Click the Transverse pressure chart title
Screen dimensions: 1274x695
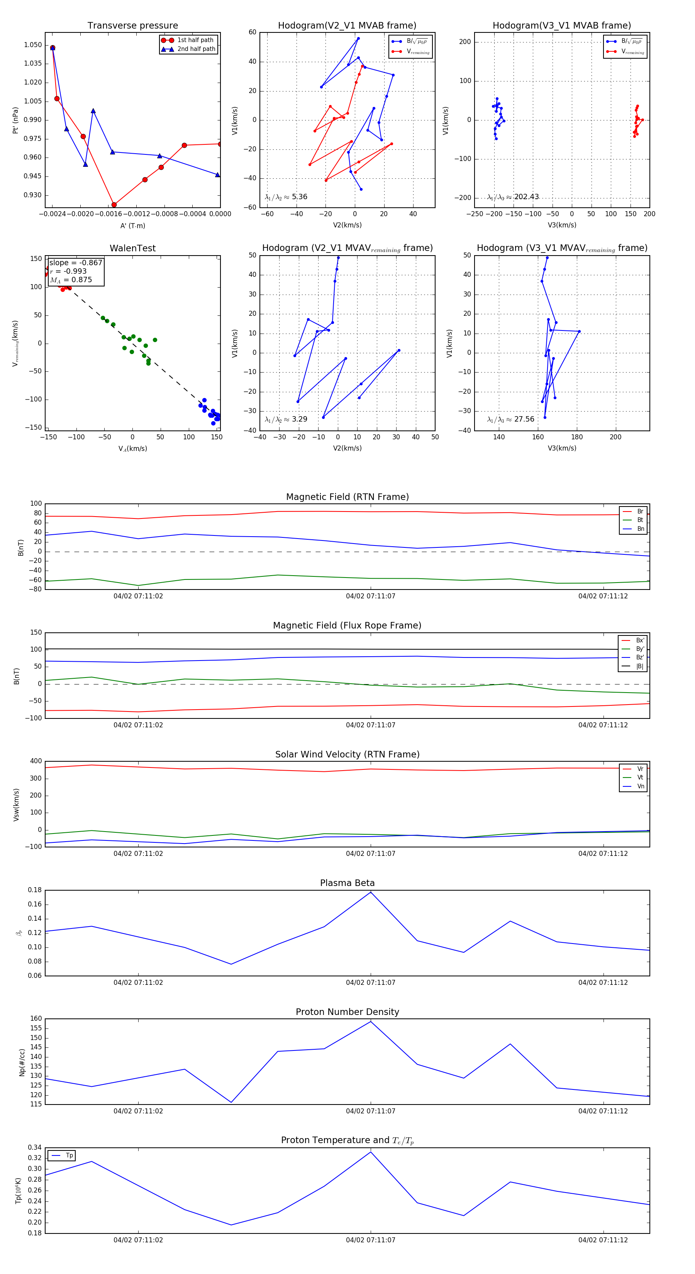tap(132, 26)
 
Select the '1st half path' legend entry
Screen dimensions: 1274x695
tap(195, 40)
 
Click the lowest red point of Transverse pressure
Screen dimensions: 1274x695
tap(114, 205)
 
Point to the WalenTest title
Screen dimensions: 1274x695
tap(132, 248)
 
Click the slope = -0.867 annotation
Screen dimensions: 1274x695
tap(76, 263)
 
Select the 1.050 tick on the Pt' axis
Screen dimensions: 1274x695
tap(33, 45)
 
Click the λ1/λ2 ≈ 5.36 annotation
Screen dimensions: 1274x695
tap(286, 197)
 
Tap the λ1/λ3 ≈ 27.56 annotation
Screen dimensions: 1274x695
tap(510, 419)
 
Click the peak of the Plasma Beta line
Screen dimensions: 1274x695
tap(371, 892)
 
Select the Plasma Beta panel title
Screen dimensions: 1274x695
tap(347, 883)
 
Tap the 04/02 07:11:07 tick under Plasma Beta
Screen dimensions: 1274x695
tap(371, 983)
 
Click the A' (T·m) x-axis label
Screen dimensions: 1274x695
tap(132, 226)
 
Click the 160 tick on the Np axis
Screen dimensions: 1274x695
tap(36, 1018)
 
